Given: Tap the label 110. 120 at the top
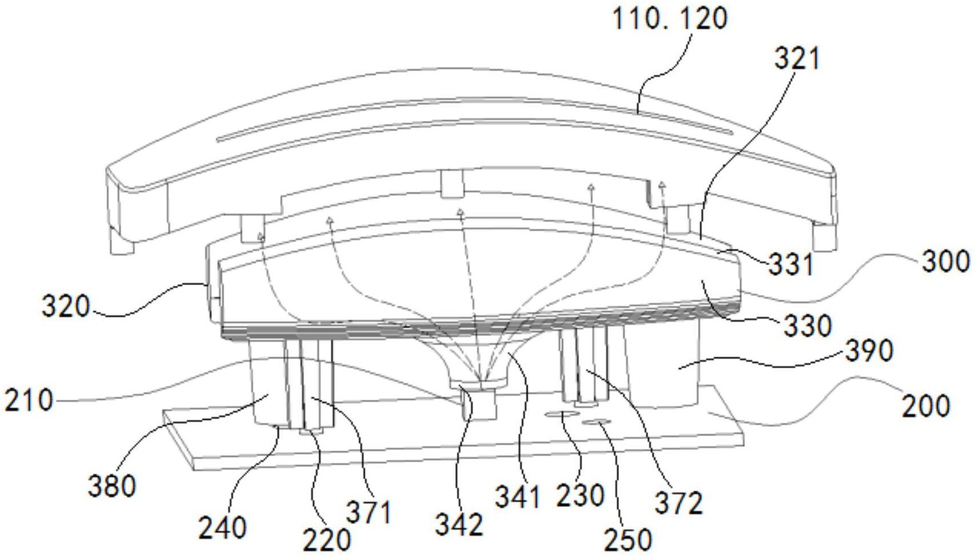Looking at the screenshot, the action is point(670,19).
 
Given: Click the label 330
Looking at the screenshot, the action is point(808,326).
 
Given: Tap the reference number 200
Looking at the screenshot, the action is point(926,406).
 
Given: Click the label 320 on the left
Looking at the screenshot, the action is point(66,306).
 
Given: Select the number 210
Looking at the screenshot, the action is point(28,400).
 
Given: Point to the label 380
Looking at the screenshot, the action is point(112,486).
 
